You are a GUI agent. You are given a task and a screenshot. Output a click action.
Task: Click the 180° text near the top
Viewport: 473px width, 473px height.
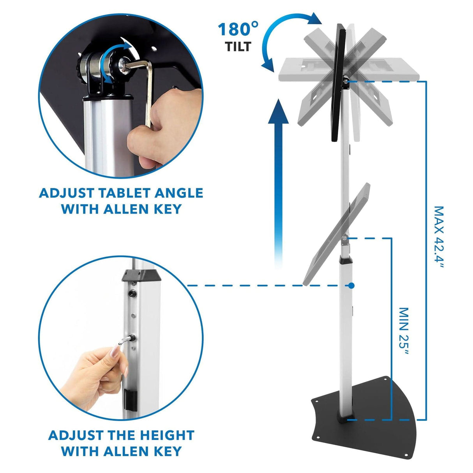pyautogui.click(x=238, y=30)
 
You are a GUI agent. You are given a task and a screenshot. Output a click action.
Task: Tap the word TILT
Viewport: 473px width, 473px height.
pyautogui.click(x=238, y=47)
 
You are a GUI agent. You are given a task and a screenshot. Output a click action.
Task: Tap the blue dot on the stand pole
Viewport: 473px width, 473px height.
pyautogui.click(x=351, y=286)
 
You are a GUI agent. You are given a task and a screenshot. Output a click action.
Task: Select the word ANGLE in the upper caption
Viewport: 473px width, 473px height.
pyautogui.click(x=179, y=193)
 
